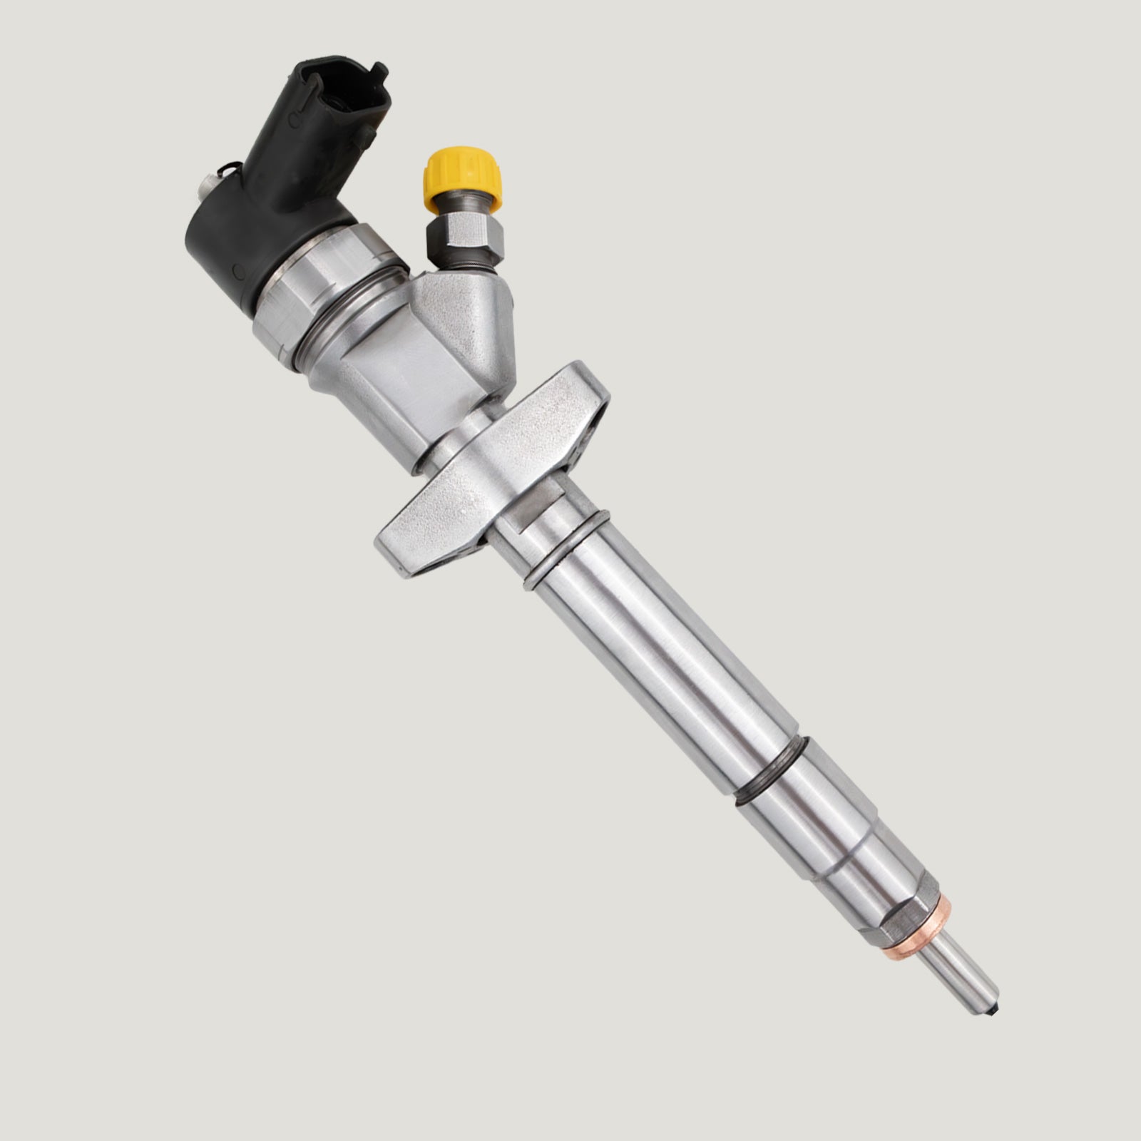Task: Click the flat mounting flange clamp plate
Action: tap(492, 471)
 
